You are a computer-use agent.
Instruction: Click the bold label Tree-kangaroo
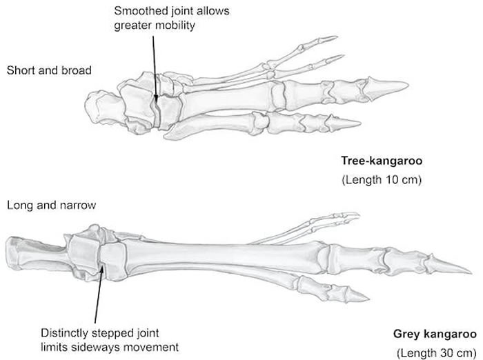coord(382,161)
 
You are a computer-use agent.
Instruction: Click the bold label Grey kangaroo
coord(435,334)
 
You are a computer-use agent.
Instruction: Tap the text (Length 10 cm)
coord(382,179)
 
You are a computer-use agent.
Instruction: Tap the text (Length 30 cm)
coord(437,352)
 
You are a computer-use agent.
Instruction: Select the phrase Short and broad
coord(49,70)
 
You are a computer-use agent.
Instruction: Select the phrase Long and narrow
coord(51,205)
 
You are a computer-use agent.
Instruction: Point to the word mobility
coord(175,26)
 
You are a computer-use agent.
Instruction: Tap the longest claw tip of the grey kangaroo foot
coord(471,272)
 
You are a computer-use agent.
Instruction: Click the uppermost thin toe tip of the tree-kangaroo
coord(337,37)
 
